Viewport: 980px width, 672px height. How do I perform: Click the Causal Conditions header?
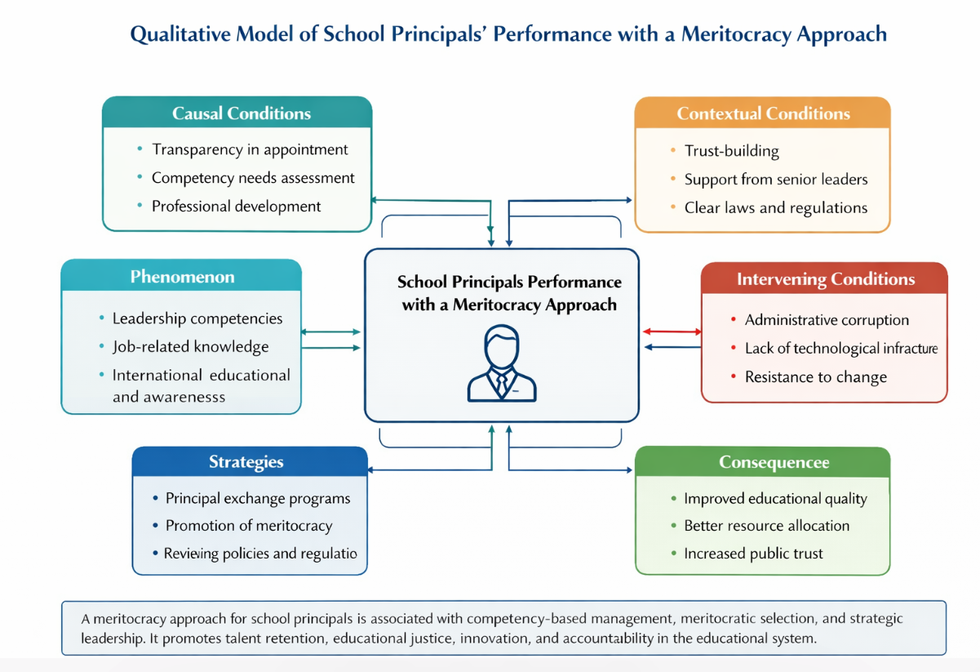(x=241, y=113)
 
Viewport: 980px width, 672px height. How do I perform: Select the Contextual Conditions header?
(x=763, y=113)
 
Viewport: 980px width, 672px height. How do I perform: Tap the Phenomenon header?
(x=182, y=277)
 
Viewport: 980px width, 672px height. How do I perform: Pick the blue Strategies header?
(x=246, y=462)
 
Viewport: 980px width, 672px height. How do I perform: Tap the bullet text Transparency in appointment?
(x=250, y=149)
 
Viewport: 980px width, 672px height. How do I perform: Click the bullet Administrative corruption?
(x=827, y=320)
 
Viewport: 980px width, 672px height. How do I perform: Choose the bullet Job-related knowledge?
(x=190, y=347)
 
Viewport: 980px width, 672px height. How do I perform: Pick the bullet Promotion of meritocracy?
(x=249, y=526)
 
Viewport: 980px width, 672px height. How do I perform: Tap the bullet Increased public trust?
(x=753, y=554)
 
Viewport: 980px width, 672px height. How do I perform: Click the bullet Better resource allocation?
(x=766, y=526)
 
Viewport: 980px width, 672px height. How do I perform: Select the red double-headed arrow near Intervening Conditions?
(x=672, y=332)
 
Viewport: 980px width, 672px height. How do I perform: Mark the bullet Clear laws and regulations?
(x=775, y=208)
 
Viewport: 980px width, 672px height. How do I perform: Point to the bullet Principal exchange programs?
(x=258, y=498)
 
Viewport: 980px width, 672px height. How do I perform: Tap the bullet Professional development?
(x=236, y=207)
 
